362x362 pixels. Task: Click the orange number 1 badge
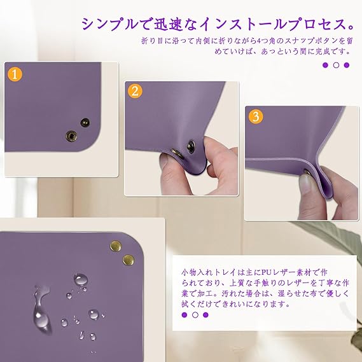(15, 74)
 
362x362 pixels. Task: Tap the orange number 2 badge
(135, 91)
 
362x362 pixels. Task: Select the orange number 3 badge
(256, 116)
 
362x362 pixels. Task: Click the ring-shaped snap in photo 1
(71, 136)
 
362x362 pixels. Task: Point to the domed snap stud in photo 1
(85, 122)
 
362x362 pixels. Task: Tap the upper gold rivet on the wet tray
(116, 246)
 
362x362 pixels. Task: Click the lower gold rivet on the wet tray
(129, 260)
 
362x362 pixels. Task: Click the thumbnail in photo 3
(305, 183)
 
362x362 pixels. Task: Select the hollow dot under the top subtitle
(336, 65)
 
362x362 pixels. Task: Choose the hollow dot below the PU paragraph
(195, 315)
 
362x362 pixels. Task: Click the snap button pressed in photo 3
(307, 172)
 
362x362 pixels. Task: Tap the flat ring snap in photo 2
(178, 153)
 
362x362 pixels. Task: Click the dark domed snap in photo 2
(191, 146)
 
